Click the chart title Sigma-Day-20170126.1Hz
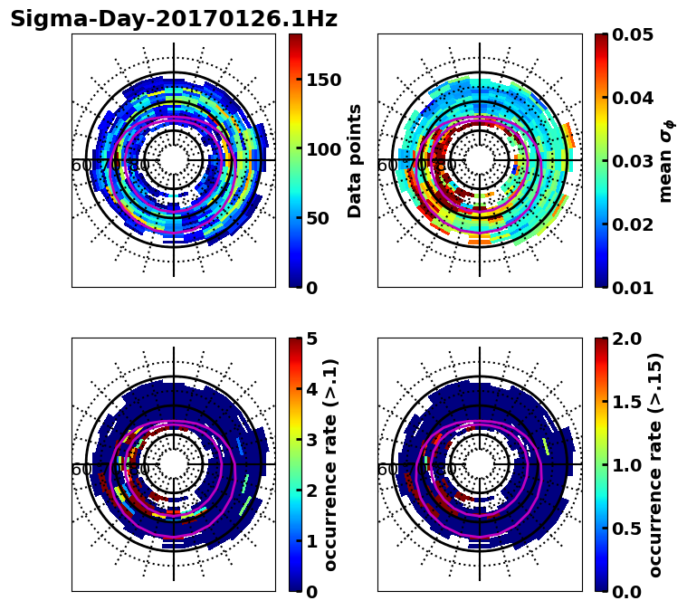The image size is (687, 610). pos(174,19)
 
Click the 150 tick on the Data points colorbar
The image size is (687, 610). pos(323,80)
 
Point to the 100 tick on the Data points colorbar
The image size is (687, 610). pos(323,149)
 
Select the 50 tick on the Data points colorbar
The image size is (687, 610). pos(318,218)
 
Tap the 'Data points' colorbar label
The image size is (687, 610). pos(355,160)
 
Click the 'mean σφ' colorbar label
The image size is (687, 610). pos(665,160)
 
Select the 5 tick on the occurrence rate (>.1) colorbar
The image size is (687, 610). pos(312,338)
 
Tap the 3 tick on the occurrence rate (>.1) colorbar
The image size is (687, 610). pos(312,440)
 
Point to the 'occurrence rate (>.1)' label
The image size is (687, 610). pos(331,464)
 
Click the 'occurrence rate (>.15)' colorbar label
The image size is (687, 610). pos(656,464)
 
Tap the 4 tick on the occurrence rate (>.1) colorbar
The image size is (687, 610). pos(312,389)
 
